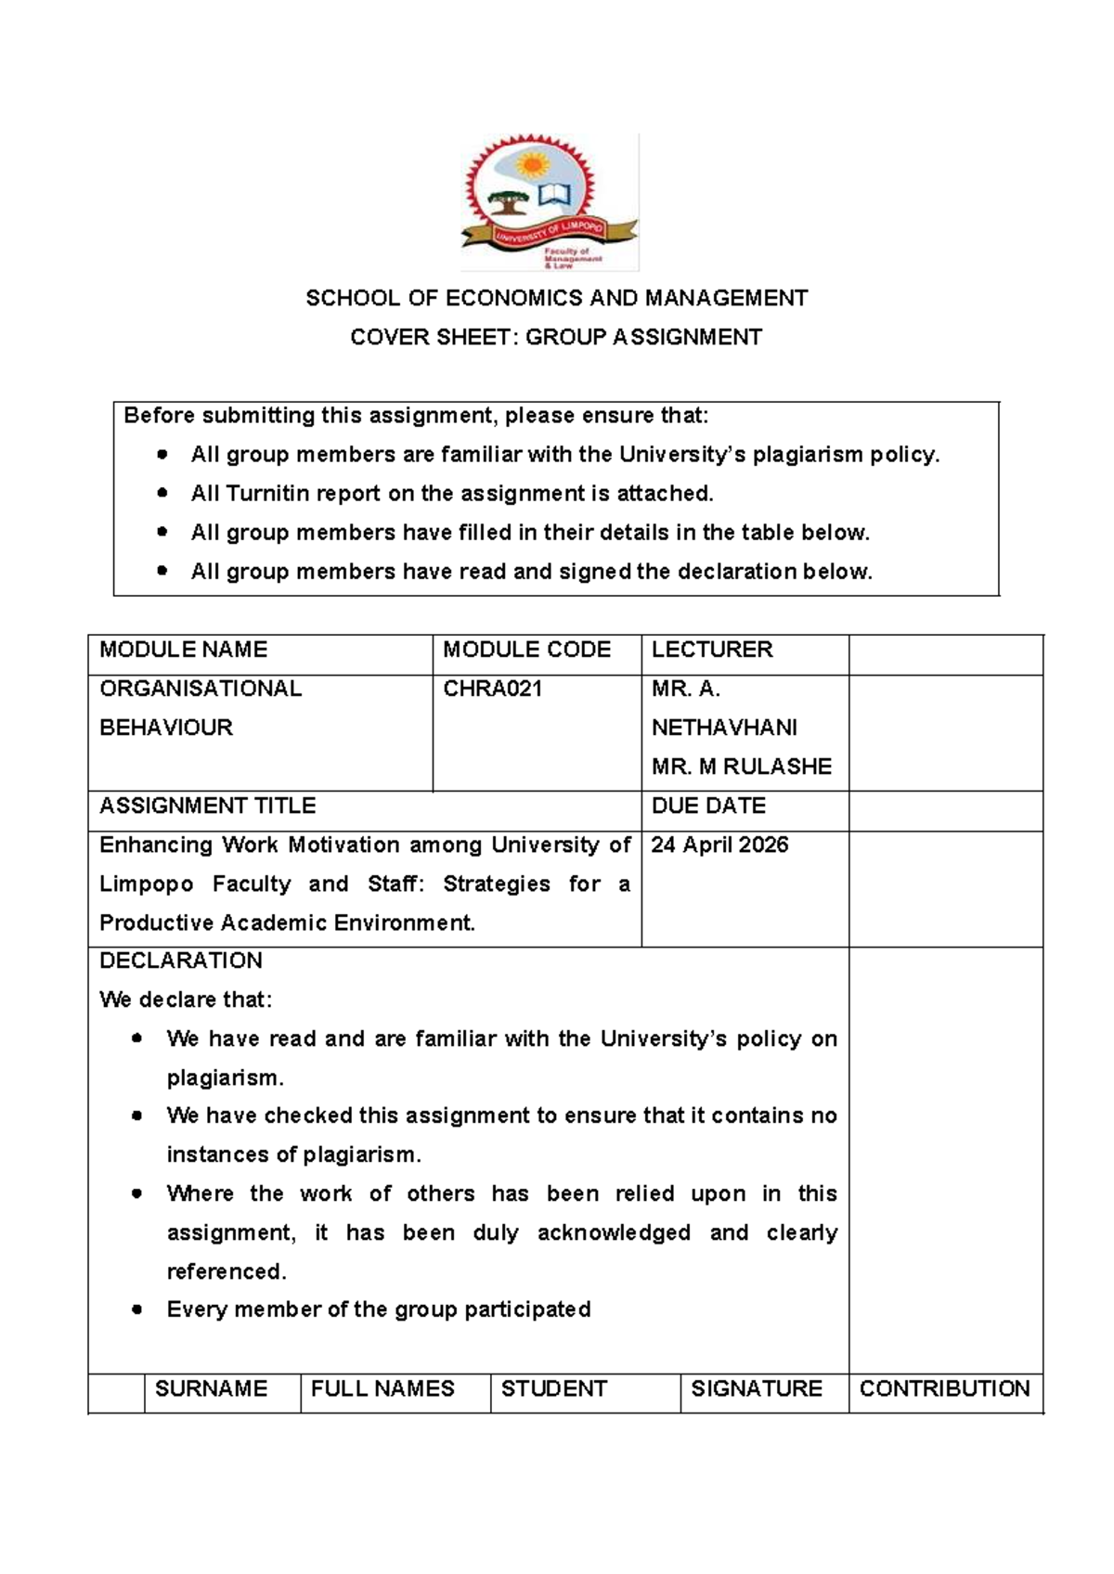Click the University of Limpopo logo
[x=550, y=202]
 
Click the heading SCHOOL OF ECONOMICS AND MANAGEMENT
[x=556, y=298]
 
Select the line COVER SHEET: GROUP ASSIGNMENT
[x=556, y=337]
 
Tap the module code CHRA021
[x=492, y=689]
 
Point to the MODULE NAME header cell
[x=183, y=650]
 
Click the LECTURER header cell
[x=711, y=650]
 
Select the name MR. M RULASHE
[x=741, y=767]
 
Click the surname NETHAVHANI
[x=724, y=728]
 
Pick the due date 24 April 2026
[x=719, y=845]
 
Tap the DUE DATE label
[x=708, y=806]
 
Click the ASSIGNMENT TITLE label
[x=207, y=806]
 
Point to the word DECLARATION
[x=180, y=961]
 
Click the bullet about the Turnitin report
[x=452, y=494]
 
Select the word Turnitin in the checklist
[x=266, y=494]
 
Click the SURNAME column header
[x=211, y=1388]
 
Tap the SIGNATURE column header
[x=756, y=1388]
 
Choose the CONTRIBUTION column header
[x=944, y=1388]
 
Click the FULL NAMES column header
[x=382, y=1388]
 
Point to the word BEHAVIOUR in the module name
[x=166, y=728]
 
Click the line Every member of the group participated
[x=378, y=1310]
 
